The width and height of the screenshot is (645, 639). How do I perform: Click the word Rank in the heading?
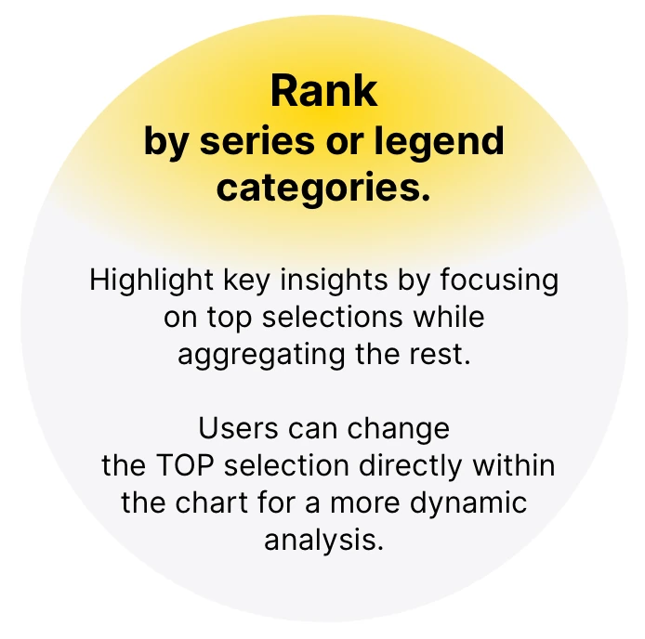tap(324, 92)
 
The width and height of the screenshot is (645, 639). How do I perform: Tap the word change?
tap(399, 429)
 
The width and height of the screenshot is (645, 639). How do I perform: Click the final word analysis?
tap(323, 540)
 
